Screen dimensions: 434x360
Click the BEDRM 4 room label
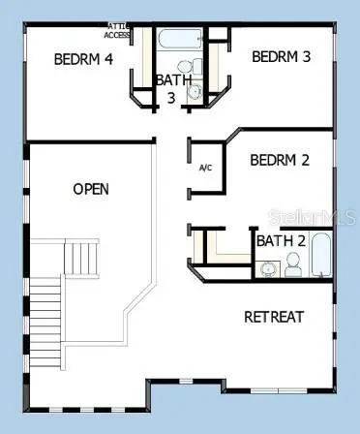click(x=83, y=59)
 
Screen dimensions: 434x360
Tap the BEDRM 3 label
click(x=281, y=57)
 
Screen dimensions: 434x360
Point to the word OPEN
click(x=91, y=189)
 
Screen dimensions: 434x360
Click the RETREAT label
click(x=274, y=317)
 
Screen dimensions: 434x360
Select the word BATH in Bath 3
click(x=174, y=79)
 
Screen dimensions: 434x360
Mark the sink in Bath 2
click(x=267, y=268)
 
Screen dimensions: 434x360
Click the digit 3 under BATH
click(x=171, y=97)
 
